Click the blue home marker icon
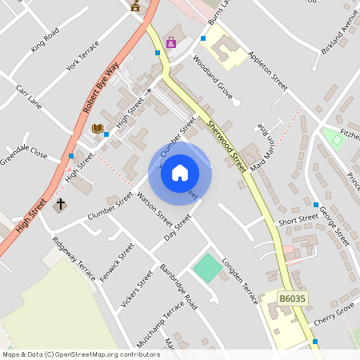(x=180, y=173)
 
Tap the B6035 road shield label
(x=292, y=298)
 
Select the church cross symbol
(x=60, y=205)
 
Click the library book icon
(x=98, y=129)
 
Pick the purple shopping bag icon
(x=170, y=42)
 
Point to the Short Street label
(x=298, y=219)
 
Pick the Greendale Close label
(x=24, y=154)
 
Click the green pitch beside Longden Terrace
(x=207, y=267)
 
